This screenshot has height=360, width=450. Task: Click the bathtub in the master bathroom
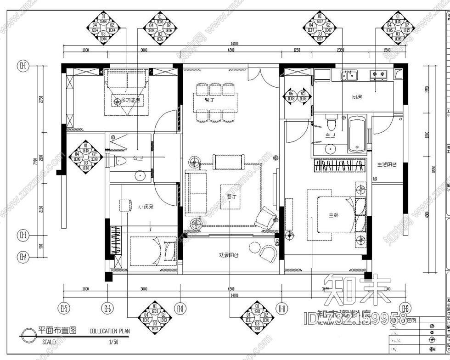point(357,134)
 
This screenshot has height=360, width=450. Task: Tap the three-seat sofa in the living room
point(195,193)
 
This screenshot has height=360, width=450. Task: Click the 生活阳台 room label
point(387,164)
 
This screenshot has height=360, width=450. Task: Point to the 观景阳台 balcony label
point(228,255)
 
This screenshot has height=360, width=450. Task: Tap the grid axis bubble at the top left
point(22,66)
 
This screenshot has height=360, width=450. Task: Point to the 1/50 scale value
point(113,342)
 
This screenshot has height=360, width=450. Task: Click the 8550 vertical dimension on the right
point(439,170)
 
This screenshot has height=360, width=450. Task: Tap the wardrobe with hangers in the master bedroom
point(340,165)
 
